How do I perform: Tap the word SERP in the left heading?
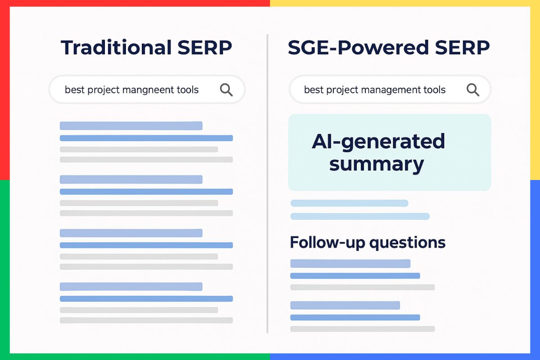pos(209,47)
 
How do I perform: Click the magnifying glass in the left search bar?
pos(226,90)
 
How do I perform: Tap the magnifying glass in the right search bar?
pos(472,90)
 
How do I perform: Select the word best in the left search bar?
pos(74,90)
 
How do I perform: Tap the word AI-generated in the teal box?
pos(378,142)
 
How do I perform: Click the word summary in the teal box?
pos(376,164)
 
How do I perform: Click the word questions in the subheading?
pos(407,243)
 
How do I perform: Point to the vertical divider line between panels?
pos(268,180)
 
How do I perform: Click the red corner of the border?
pos(4,4)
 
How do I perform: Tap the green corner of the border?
pos(4,355)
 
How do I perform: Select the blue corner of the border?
pos(535,355)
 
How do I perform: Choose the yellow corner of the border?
pos(535,4)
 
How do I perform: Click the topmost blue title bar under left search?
pos(131,126)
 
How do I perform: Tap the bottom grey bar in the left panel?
pos(146,320)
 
